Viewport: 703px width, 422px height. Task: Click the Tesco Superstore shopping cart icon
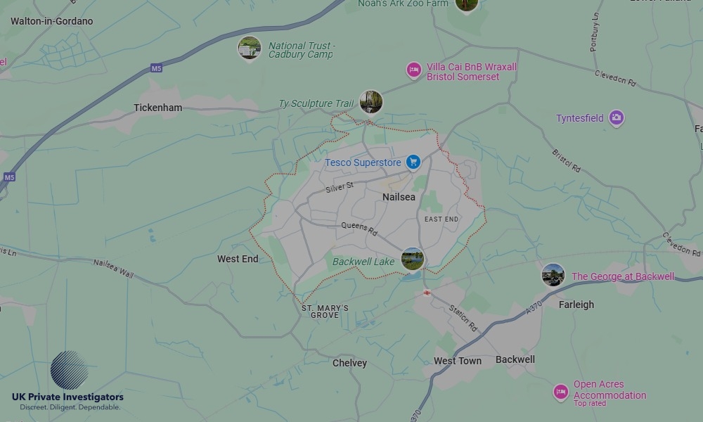pyautogui.click(x=413, y=162)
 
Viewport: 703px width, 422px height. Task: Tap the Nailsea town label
pyautogui.click(x=399, y=197)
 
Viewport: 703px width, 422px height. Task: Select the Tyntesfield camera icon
pyautogui.click(x=617, y=118)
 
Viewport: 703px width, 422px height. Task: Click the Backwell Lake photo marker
pyautogui.click(x=413, y=259)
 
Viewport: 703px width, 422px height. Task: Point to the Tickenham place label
pyautogui.click(x=157, y=108)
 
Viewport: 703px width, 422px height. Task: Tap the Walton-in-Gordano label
pyautogui.click(x=51, y=21)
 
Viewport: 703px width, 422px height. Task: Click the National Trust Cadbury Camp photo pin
pyautogui.click(x=250, y=49)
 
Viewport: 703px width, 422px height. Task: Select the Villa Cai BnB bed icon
pyautogui.click(x=414, y=70)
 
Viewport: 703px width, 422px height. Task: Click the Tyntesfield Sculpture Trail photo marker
pyautogui.click(x=370, y=101)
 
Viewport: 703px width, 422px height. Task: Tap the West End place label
pyautogui.click(x=238, y=259)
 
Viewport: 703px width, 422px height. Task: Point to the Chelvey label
pyautogui.click(x=349, y=363)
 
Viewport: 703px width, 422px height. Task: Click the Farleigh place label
pyautogui.click(x=576, y=305)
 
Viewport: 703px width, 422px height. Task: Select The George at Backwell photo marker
pyautogui.click(x=553, y=275)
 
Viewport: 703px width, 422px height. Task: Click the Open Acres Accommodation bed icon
pyautogui.click(x=560, y=392)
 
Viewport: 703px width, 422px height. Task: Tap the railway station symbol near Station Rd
pyautogui.click(x=426, y=292)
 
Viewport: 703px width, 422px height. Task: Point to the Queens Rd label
pyautogui.click(x=359, y=229)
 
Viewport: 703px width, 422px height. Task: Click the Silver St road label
pyautogui.click(x=340, y=187)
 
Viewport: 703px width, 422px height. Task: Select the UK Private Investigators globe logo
pyautogui.click(x=69, y=371)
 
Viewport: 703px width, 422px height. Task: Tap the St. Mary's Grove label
pyautogui.click(x=325, y=312)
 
